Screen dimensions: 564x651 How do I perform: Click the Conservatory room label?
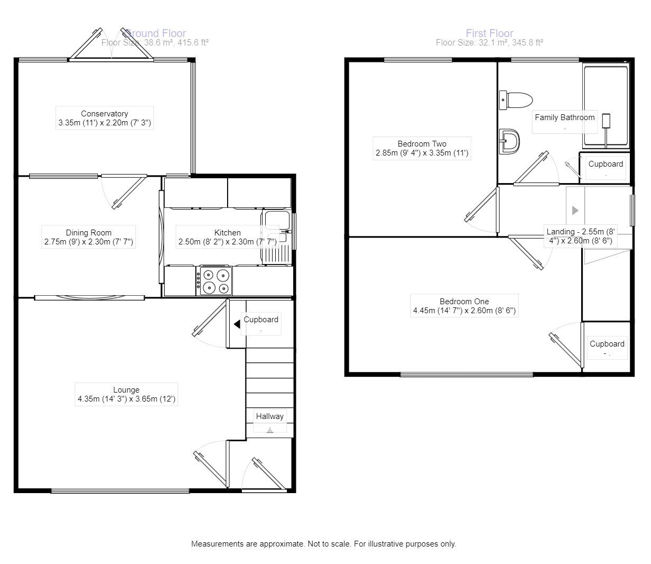[x=104, y=114]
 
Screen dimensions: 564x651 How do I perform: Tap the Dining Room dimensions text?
[x=89, y=242]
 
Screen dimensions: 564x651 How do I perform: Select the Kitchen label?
[x=228, y=233]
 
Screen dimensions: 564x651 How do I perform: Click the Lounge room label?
[x=126, y=390]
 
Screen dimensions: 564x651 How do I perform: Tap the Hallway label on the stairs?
[x=269, y=416]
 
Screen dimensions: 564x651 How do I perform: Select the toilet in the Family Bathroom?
[x=516, y=99]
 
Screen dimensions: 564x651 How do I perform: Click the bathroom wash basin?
[x=510, y=141]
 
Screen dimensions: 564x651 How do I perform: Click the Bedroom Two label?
[x=422, y=144]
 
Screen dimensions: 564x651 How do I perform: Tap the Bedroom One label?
[x=464, y=302]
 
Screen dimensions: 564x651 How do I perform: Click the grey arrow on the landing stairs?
[x=575, y=211]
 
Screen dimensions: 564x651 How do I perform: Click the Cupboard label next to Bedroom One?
[x=607, y=344]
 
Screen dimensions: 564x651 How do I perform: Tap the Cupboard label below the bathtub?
[x=605, y=164]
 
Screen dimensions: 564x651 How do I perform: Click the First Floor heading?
[x=489, y=33]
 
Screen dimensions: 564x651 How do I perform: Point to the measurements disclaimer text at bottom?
[x=323, y=544]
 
